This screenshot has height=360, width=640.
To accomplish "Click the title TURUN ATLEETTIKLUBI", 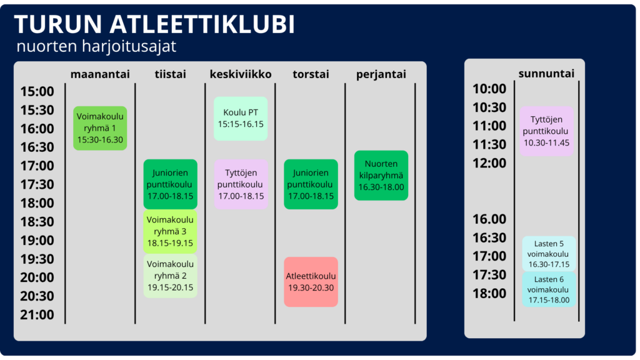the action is [x=154, y=24].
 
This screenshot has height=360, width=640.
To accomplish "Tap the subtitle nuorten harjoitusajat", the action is [x=96, y=46].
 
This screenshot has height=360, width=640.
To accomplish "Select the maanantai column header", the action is [x=100, y=74].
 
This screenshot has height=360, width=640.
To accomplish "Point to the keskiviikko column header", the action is [x=241, y=74].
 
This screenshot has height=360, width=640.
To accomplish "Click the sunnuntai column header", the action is [x=546, y=74].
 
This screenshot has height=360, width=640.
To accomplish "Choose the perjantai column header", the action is [x=381, y=75].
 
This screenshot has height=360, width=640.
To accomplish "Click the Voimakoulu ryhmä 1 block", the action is [x=100, y=128].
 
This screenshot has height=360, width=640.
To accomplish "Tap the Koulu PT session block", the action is [x=241, y=118].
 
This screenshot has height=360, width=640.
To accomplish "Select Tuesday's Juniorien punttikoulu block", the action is [x=170, y=184].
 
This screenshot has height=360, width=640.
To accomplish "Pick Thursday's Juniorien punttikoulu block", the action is [x=311, y=184].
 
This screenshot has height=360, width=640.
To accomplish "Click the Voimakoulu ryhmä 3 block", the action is [x=170, y=231].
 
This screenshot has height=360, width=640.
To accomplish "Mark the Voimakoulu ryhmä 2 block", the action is [x=170, y=276].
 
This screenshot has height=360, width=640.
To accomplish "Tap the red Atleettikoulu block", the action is [x=311, y=282].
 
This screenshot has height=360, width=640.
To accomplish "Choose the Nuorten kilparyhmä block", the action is [x=381, y=176].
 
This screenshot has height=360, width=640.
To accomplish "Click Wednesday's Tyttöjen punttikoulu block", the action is [x=241, y=184].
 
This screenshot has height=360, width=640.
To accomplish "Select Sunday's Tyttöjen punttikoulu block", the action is [x=546, y=131].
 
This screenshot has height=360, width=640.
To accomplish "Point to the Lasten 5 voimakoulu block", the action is [x=549, y=254].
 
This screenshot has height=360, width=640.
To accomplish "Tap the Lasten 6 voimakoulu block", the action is [x=549, y=289].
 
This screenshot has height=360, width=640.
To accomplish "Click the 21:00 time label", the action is [x=37, y=315].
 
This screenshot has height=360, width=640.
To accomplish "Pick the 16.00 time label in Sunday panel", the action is [x=489, y=219].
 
